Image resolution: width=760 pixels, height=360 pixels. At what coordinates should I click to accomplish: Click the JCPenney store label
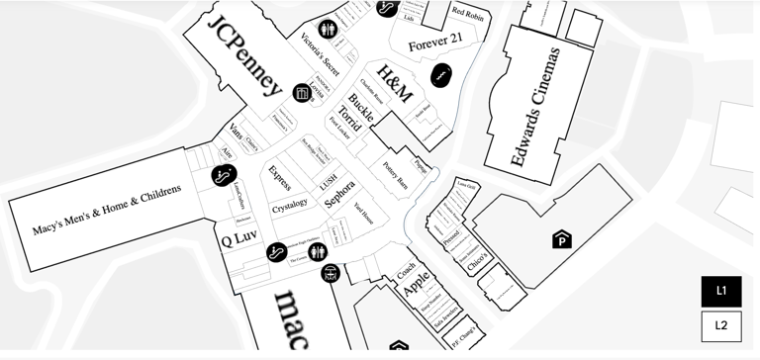243,54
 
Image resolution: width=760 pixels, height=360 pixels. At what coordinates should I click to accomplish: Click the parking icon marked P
562,239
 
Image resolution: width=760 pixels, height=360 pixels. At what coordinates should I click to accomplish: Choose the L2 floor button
721,325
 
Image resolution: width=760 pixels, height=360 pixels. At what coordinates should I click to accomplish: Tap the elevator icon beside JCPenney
302,93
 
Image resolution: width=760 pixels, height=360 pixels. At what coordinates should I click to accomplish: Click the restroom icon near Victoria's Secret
328,30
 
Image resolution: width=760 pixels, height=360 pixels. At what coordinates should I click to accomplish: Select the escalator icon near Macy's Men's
225,176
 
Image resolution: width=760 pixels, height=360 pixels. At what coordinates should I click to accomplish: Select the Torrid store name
349,118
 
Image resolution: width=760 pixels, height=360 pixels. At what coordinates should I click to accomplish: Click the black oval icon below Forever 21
440,73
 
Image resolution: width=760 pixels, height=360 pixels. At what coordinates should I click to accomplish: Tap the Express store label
280,178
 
